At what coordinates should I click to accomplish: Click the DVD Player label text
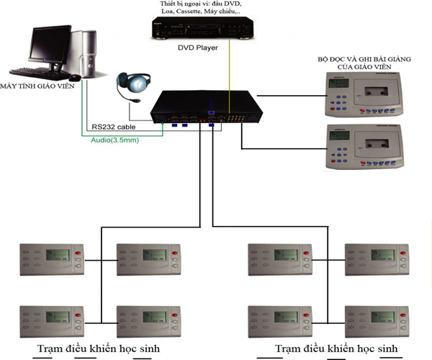point(198,49)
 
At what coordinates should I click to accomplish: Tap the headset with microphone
point(135,86)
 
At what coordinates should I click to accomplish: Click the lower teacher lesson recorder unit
point(361,145)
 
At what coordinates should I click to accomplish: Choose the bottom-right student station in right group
point(377,318)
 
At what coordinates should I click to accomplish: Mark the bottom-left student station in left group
point(51,318)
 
